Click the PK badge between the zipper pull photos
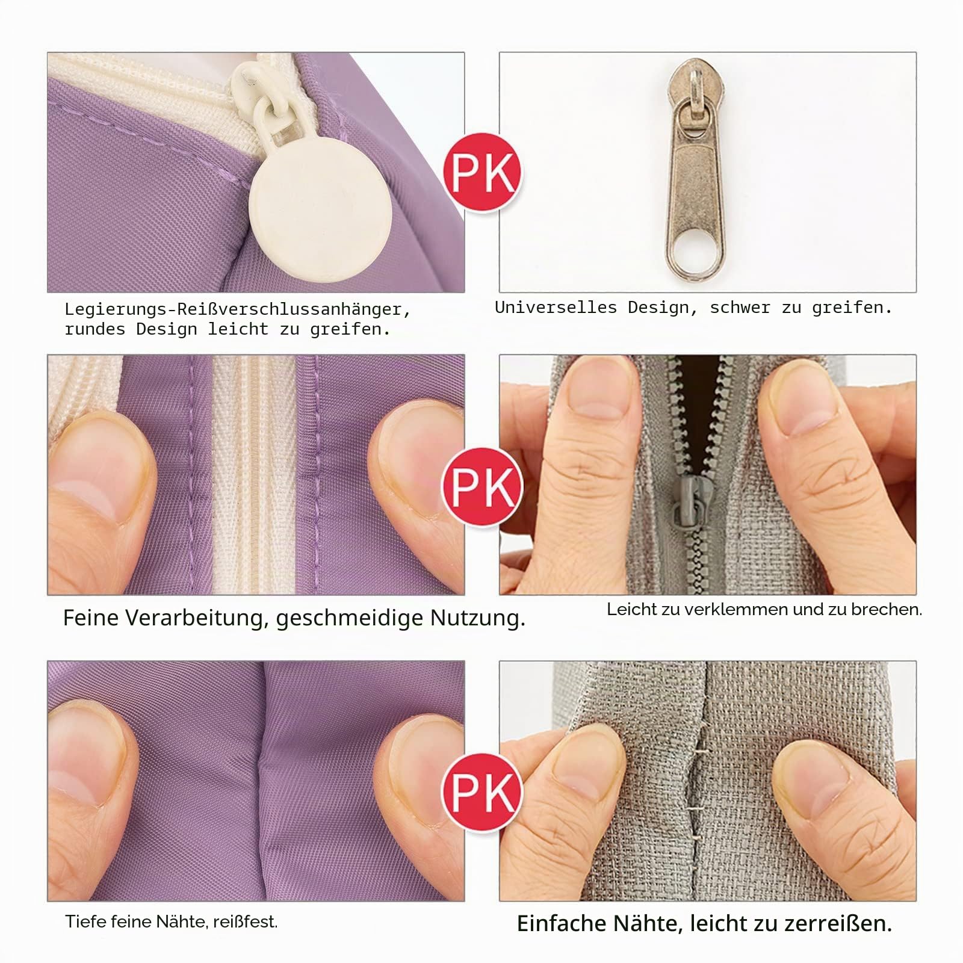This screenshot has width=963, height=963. pyautogui.click(x=482, y=173)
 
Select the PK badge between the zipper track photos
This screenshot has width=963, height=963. pyautogui.click(x=482, y=486)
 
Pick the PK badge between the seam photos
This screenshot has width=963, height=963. pyautogui.click(x=482, y=792)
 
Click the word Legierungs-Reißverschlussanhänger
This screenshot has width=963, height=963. pyautogui.click(x=238, y=310)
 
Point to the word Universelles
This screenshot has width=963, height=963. pyautogui.click(x=556, y=307)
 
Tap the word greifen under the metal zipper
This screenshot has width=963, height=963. pyautogui.click(x=852, y=308)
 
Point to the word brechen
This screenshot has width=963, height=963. pyautogui.click(x=887, y=609)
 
